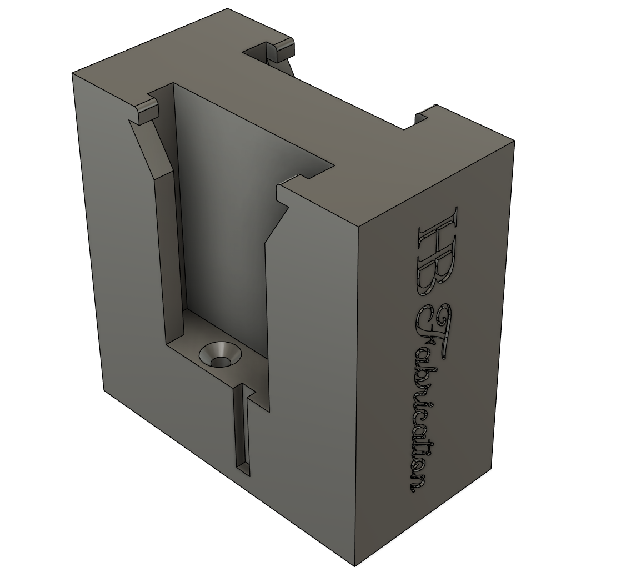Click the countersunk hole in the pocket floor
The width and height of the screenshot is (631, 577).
pyautogui.click(x=221, y=356)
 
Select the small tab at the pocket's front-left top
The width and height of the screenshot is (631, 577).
pyautogui.click(x=147, y=112)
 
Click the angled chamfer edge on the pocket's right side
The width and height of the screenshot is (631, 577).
pyautogui.click(x=276, y=225)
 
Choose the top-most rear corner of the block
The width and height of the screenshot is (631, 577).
pyautogui.click(x=227, y=9)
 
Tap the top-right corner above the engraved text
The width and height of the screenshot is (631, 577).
pyautogui.click(x=514, y=141)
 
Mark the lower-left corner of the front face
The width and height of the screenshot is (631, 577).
pyautogui.click(x=104, y=389)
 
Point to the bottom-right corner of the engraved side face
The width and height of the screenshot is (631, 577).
pyautogui.click(x=492, y=469)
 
